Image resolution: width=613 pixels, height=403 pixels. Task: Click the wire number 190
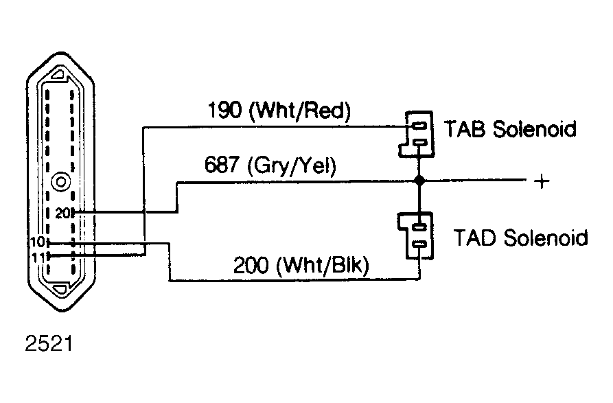(224, 111)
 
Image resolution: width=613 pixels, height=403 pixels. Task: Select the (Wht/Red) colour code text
(300, 111)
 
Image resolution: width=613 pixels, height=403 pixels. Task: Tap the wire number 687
(222, 164)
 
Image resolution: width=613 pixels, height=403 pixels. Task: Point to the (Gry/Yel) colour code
(292, 165)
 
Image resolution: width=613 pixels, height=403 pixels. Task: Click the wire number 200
(251, 265)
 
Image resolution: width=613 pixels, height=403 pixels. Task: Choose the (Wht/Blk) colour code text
(323, 266)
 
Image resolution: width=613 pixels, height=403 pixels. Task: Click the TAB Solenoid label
(510, 128)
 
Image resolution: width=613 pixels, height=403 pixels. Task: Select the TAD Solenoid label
(520, 238)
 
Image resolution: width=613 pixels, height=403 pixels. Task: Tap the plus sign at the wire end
(542, 181)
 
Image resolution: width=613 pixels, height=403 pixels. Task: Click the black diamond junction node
(419, 181)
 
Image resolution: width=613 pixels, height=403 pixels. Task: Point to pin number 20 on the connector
(62, 214)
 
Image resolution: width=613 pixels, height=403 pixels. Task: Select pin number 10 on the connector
(38, 242)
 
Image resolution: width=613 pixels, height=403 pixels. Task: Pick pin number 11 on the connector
(38, 257)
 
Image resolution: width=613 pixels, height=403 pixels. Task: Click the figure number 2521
(49, 344)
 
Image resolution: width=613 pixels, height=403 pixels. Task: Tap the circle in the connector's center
(61, 182)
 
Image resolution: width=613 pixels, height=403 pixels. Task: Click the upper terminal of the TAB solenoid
(419, 126)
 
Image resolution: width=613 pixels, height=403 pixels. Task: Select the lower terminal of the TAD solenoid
(419, 244)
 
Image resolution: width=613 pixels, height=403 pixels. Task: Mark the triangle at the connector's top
(60, 74)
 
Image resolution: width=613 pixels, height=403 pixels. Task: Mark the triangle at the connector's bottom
(61, 290)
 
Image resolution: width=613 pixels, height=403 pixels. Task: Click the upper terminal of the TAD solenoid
(419, 226)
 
